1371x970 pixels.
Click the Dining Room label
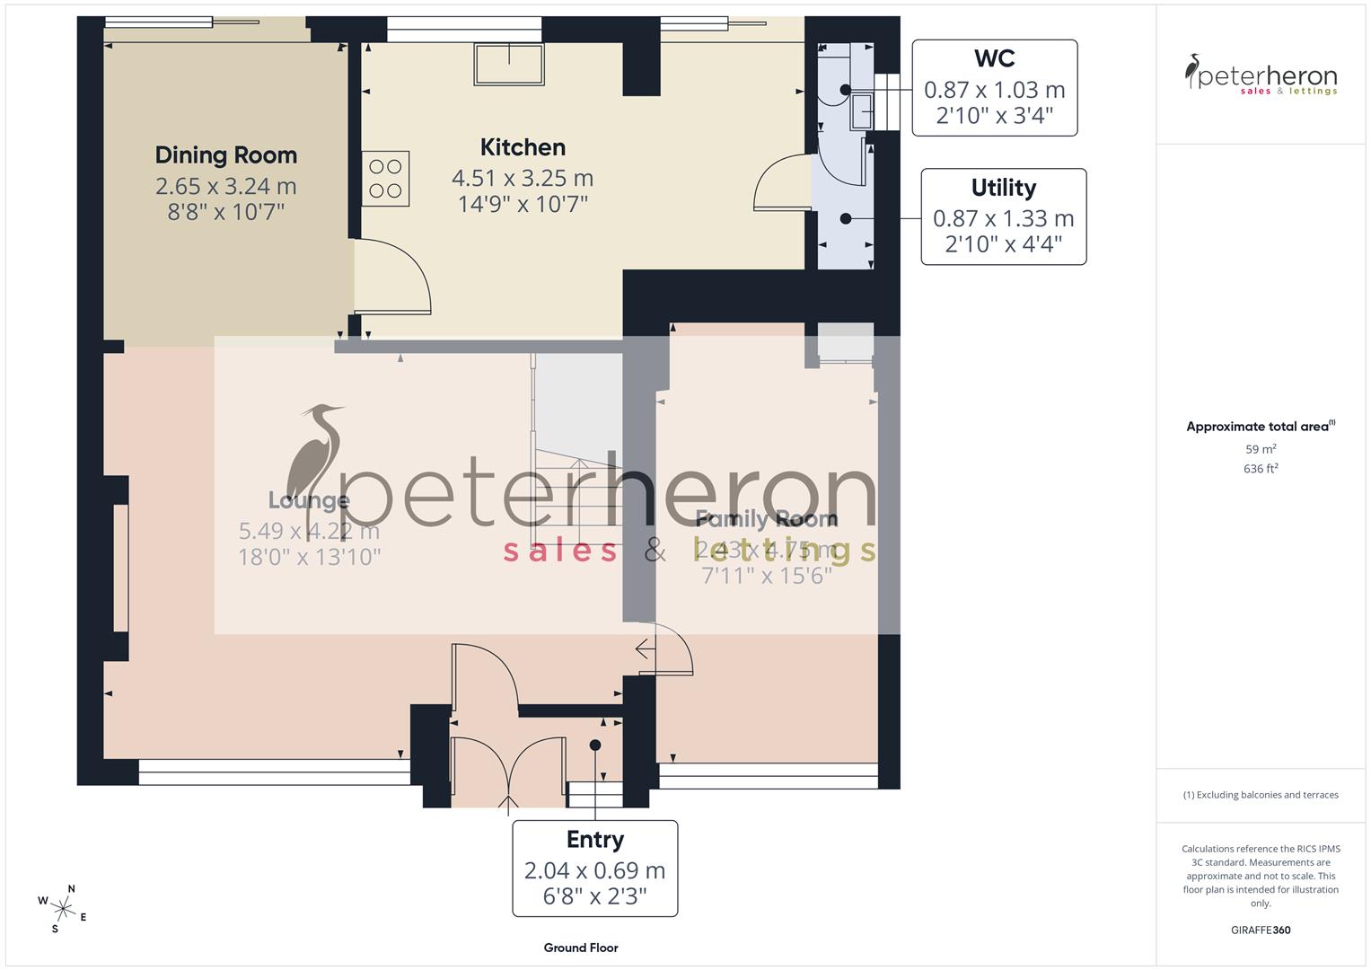pos(225,155)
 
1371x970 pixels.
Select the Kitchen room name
pos(523,147)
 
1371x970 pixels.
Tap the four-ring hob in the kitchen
pos(385,179)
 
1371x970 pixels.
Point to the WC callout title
pos(994,59)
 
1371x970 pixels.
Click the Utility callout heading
pos(1003,188)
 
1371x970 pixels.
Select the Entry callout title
pos(594,840)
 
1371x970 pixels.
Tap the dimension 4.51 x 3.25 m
pos(523,178)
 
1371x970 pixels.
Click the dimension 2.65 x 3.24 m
pos(225,186)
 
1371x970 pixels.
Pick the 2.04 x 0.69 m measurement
pos(594,870)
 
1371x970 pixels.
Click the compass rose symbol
pos(63,907)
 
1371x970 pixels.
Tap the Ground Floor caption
pos(580,948)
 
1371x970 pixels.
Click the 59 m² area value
pos(1261,449)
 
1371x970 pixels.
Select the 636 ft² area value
pos(1261,469)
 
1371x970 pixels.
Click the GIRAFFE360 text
pos(1261,930)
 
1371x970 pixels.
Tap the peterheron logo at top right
pos(1261,75)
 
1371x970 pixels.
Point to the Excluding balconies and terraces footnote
pos(1261,795)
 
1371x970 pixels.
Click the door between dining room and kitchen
pos(392,278)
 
